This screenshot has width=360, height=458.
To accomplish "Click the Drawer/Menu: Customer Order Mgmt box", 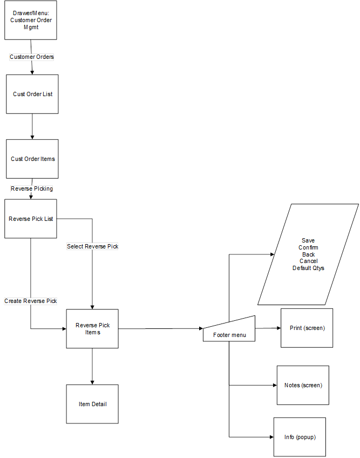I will tap(30, 20).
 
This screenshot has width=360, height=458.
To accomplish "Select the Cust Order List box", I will tap(32, 94).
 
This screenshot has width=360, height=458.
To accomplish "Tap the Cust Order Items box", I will tap(32, 159).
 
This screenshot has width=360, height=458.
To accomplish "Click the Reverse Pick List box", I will tap(30, 219).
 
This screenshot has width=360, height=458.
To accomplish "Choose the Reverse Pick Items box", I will tap(92, 328).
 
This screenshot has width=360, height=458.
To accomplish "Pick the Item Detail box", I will tap(92, 404).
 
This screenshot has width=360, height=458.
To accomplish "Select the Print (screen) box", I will tap(307, 328).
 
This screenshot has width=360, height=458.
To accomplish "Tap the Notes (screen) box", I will tap(303, 385).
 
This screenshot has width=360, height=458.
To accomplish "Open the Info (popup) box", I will tap(300, 437).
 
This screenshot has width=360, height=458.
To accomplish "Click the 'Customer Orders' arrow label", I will tap(32, 57).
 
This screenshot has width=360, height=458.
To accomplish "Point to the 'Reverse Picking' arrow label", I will tap(32, 188).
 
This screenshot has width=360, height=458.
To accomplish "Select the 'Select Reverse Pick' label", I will tap(92, 246).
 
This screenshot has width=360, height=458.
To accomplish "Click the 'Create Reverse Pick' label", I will tap(31, 301).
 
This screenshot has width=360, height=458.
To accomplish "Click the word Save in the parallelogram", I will tap(308, 240).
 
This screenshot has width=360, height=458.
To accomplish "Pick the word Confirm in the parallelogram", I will tap(308, 247).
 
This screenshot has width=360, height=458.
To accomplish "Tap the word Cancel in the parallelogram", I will tap(308, 261).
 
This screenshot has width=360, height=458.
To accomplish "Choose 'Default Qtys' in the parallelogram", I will tap(308, 268).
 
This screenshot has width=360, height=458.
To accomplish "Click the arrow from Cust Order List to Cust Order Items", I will tap(32, 126).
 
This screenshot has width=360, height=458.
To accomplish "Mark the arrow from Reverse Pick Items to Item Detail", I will tap(92, 366).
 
